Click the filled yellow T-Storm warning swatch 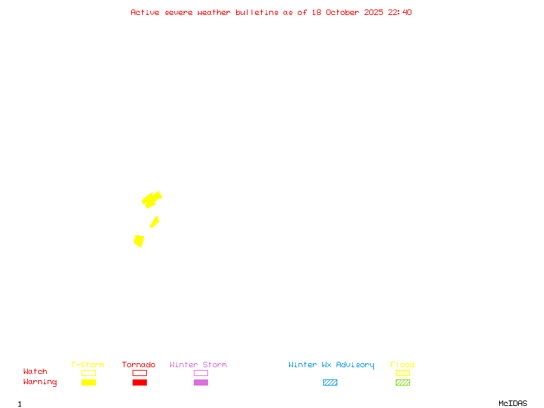[88, 382]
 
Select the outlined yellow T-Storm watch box [88, 373]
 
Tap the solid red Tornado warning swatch [139, 382]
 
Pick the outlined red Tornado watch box [139, 373]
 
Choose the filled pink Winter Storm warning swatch [201, 382]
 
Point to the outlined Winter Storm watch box [201, 373]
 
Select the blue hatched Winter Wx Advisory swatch [330, 382]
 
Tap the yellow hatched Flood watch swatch [403, 373]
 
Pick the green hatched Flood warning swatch [403, 382]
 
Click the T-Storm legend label [88, 364]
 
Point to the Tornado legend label [139, 364]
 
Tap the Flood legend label [403, 364]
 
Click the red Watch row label [35, 372]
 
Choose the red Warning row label [40, 382]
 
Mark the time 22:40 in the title [400, 12]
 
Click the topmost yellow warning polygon [151, 199]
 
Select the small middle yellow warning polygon [154, 222]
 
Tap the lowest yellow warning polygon [139, 241]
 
